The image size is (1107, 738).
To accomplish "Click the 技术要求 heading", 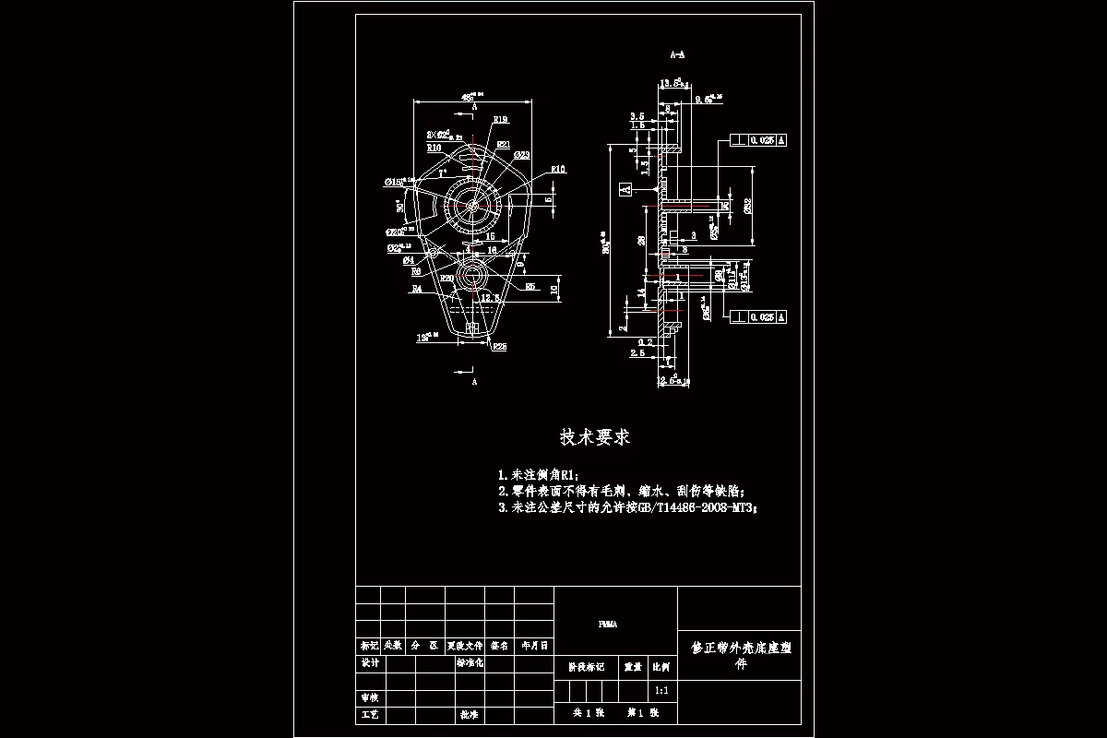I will coord(595,436).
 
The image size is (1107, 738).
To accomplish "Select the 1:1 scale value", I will coord(661,690).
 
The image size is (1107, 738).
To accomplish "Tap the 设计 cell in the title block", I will coord(370,663).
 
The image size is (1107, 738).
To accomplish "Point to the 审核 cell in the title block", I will coord(370,698).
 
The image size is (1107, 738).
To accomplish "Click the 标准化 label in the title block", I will coord(470,663).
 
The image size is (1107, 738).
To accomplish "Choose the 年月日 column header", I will coord(534,646).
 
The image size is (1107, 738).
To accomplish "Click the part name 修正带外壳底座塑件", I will coord(741,654).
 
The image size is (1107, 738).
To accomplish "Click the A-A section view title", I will coord(677,55).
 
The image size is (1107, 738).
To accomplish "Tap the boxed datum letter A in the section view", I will coord(625,189).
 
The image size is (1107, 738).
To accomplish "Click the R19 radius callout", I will coord(501,120).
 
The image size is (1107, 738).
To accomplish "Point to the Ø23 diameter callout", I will coord(521,155).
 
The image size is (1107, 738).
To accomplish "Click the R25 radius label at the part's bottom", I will coord(499,347).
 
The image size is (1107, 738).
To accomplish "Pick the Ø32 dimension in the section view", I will coord(747,205).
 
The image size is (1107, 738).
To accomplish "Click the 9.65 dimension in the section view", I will coord(707,98).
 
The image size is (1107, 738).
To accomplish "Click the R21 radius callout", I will coord(504,145).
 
